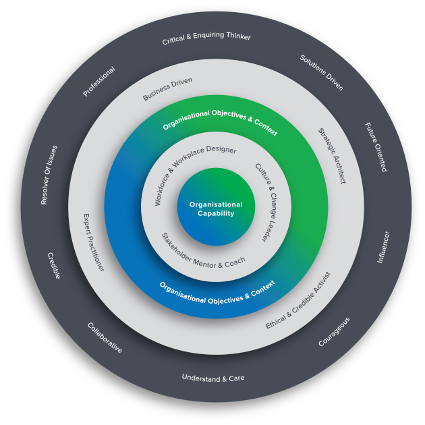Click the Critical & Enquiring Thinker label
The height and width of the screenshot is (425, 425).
[x=206, y=39]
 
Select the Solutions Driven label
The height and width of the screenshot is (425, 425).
[x=322, y=73]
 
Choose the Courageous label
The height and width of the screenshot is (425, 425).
[x=334, y=332]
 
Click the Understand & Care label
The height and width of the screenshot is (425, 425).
[x=213, y=378]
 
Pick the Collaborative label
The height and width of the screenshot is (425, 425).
[x=105, y=339]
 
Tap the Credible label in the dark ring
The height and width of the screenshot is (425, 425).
[x=54, y=266]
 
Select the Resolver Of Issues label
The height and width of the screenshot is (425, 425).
[x=49, y=175]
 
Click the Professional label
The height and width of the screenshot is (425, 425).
[x=99, y=81]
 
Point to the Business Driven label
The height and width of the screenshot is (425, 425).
[x=167, y=89]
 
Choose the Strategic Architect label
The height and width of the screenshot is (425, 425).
[x=331, y=156]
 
